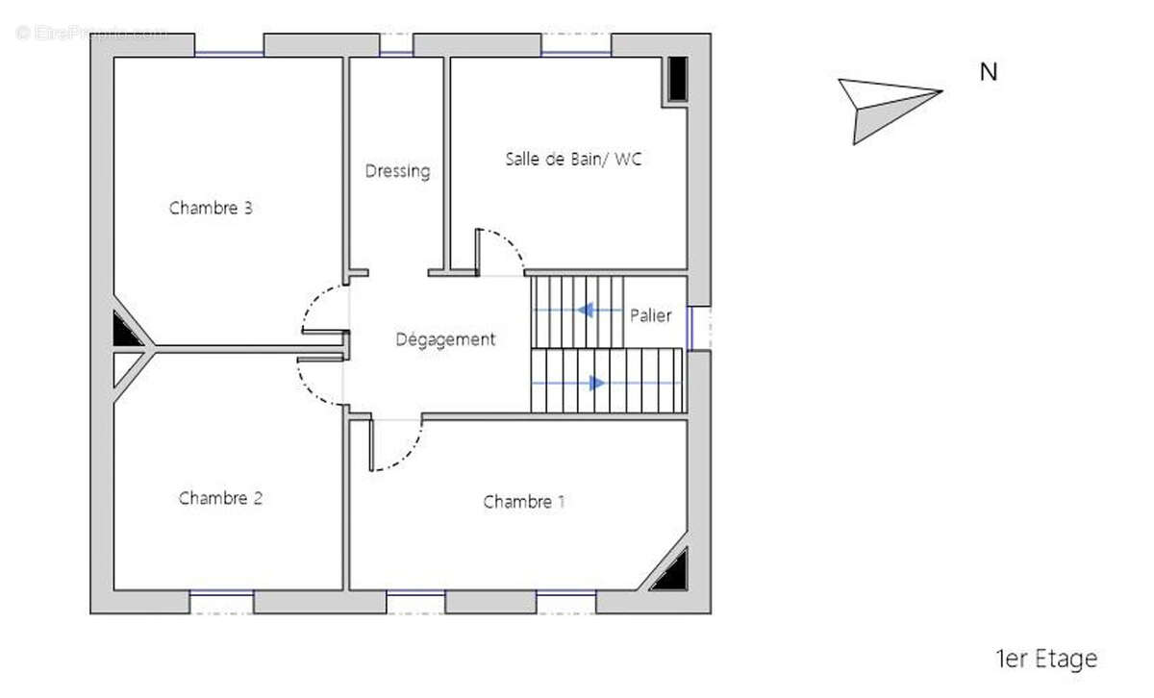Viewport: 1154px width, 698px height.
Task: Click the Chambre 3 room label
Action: coord(211,208)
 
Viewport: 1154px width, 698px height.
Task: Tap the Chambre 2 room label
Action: coord(220,498)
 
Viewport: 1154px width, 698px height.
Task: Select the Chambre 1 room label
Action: coord(524,501)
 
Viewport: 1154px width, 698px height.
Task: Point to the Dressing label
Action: coord(397,171)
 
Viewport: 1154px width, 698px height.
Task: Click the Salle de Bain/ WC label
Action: coord(573,159)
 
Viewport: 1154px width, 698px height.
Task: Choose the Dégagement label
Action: coord(446,339)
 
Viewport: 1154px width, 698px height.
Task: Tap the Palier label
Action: coord(651,315)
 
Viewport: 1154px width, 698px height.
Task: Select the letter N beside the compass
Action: coord(988,72)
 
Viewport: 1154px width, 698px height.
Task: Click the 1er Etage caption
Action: coord(1045,659)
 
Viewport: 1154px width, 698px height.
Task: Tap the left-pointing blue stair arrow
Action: coord(585,311)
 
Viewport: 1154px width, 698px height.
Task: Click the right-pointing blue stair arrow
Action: coord(596,383)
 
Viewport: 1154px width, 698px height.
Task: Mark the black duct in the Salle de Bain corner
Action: coord(678,79)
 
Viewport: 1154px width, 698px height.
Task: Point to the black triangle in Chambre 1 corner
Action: coord(671,573)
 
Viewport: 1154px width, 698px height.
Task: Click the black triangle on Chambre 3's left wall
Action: coord(125,332)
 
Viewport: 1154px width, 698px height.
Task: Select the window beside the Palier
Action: coord(699,327)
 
